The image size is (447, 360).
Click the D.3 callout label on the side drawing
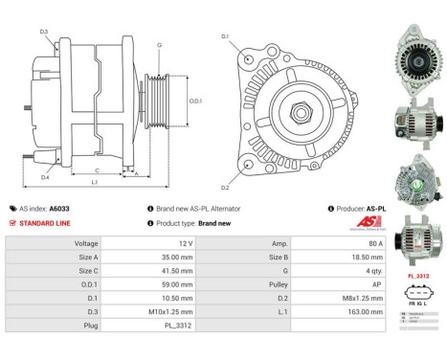[44, 32]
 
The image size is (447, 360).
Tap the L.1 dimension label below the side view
[93, 182]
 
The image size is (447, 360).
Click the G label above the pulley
[159, 45]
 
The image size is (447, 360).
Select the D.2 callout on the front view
[225, 188]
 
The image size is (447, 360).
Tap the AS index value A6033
[59, 208]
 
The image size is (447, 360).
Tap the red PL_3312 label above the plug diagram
[417, 276]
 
